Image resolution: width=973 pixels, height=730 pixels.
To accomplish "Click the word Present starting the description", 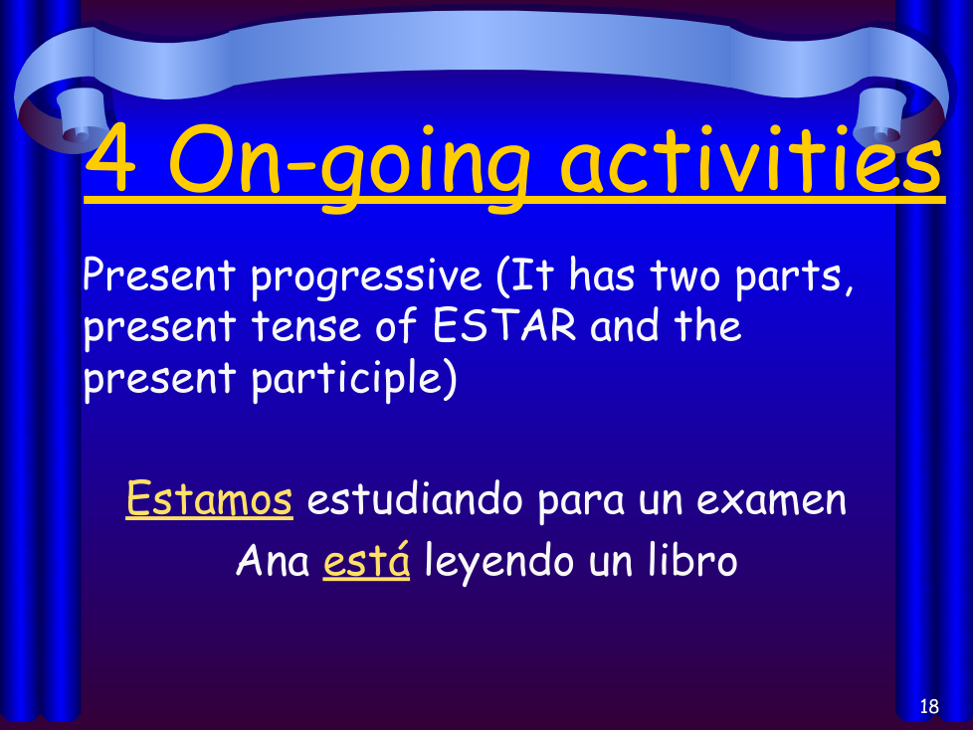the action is [159, 274].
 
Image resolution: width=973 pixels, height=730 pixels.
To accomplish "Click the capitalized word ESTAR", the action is [503, 325].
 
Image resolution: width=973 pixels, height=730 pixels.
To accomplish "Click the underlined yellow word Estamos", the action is [209, 498].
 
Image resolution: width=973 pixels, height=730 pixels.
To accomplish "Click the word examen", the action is [771, 500].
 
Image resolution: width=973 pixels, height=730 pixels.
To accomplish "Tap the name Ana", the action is [273, 560].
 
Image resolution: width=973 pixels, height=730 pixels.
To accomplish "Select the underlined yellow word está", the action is [367, 560].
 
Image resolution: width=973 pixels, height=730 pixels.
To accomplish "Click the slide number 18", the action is [929, 706].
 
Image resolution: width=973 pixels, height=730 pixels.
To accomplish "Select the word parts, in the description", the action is [794, 278].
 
